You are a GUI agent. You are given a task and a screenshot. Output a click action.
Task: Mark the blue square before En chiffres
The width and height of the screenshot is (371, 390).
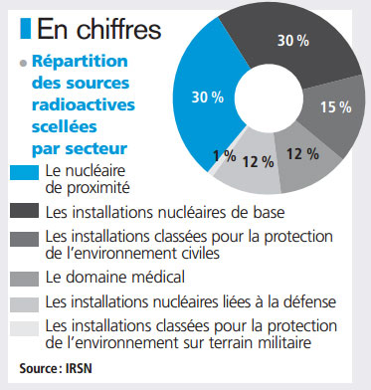tap(27, 27)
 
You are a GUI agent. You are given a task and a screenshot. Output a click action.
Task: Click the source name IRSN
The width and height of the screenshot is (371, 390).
tap(85, 369)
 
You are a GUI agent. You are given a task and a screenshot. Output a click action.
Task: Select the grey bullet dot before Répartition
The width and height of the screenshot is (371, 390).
tap(23, 65)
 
